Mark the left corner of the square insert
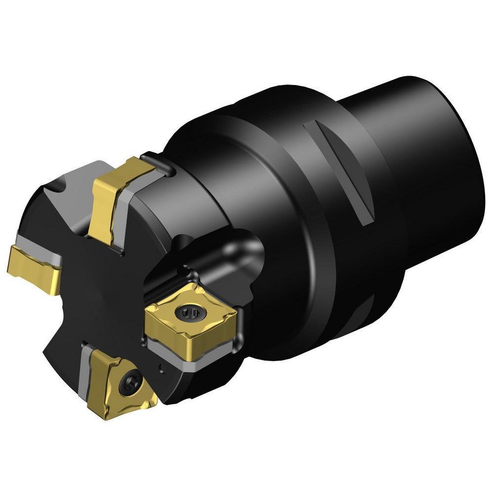[x=147, y=324]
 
